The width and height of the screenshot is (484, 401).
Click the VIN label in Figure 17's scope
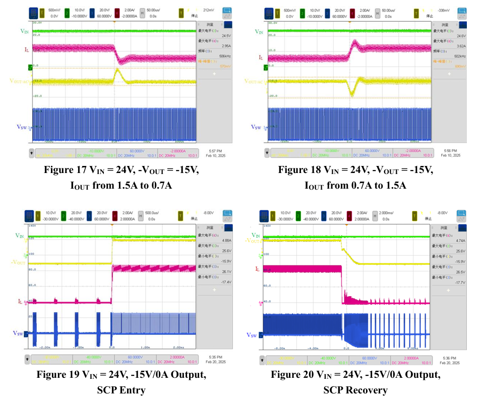[x=24, y=32]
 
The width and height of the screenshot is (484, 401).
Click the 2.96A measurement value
[x=211, y=46]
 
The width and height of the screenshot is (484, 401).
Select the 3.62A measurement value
[x=446, y=46]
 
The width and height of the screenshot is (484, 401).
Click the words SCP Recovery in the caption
[x=355, y=390]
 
